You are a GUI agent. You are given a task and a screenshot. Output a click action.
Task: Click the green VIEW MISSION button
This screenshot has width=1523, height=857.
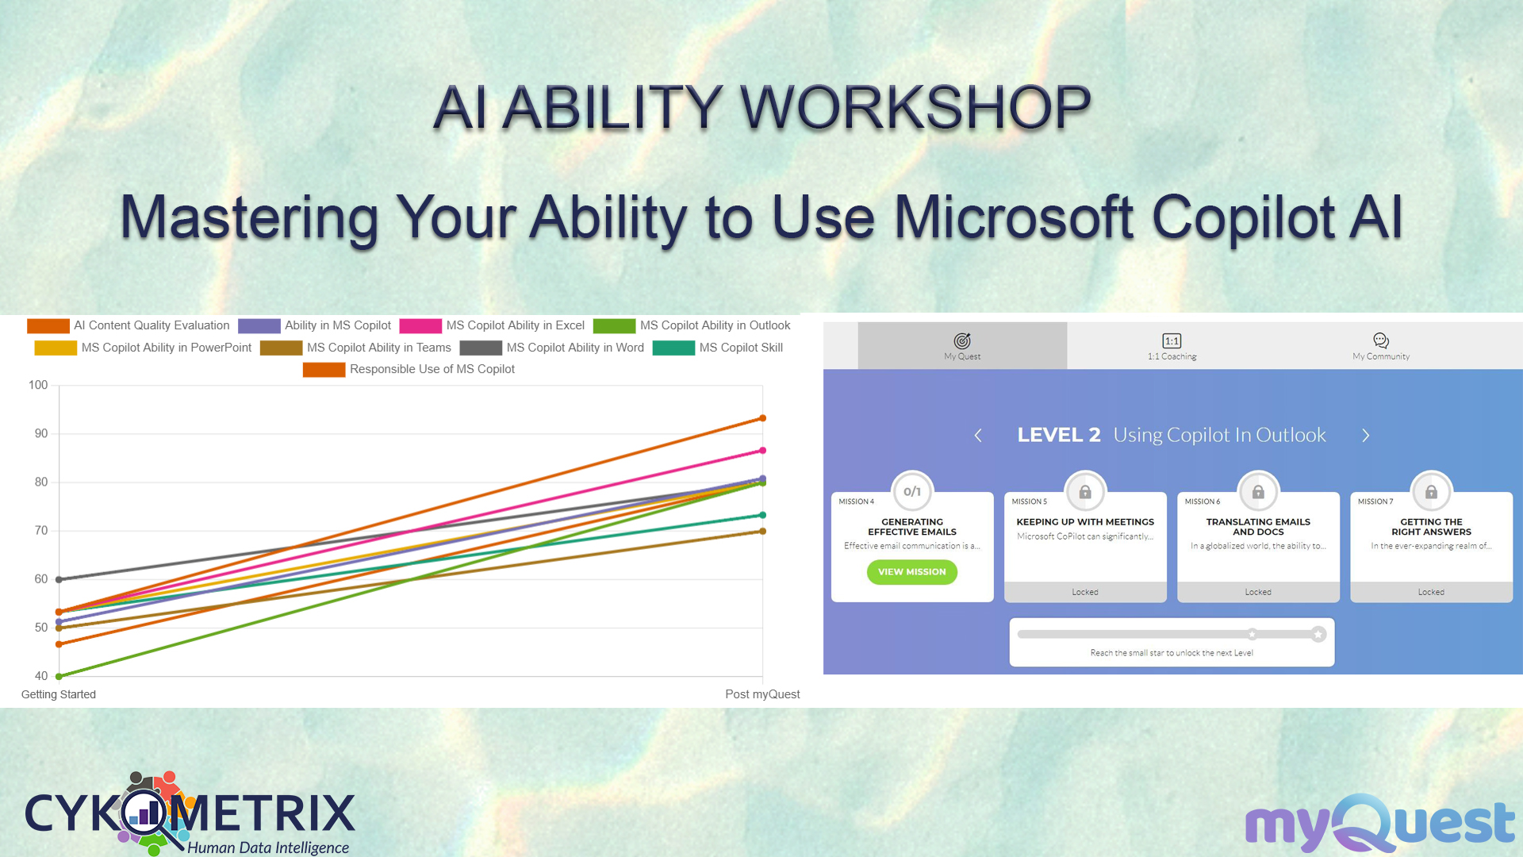pos(911,572)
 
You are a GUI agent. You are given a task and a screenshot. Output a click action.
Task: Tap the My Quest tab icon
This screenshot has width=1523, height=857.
pos(962,340)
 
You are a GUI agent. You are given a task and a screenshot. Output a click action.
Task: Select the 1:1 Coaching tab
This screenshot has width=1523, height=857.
pos(1172,346)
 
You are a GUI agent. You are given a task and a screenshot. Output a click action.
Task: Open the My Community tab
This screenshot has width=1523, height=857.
pos(1381,346)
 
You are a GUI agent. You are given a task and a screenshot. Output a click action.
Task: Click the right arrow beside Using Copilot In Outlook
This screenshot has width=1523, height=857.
pos(1366,436)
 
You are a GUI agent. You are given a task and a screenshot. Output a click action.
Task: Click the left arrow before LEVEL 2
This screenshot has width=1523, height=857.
pos(978,436)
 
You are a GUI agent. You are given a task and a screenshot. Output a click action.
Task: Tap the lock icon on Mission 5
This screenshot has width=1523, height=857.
pos(1085,492)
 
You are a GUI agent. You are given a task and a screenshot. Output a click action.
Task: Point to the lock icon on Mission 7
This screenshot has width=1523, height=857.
pos(1431,492)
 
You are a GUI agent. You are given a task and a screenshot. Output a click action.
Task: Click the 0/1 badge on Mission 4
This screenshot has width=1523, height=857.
pos(912,492)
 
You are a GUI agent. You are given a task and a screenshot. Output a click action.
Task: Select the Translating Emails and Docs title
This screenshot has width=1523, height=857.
pos(1258,527)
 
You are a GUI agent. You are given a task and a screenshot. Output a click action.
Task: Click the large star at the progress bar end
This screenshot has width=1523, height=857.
pos(1318,634)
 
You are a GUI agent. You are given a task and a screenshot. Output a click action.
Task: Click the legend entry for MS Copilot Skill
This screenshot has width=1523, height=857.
pos(718,348)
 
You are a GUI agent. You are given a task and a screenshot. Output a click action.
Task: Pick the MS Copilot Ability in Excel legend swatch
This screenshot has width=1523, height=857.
pos(420,326)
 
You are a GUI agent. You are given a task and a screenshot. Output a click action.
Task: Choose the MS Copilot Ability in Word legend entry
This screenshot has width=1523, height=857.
pos(552,348)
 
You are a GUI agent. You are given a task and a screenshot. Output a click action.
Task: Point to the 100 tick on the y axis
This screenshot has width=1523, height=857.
pos(38,386)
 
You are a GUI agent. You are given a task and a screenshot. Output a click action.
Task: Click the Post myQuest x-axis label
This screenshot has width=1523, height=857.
pos(762,694)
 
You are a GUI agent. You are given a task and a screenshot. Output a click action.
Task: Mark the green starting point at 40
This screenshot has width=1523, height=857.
pos(59,677)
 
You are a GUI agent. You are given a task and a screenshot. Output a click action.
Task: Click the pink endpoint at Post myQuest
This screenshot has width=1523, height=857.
pos(762,451)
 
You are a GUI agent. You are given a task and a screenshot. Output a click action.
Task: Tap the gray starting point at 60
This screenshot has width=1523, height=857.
pos(59,579)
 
